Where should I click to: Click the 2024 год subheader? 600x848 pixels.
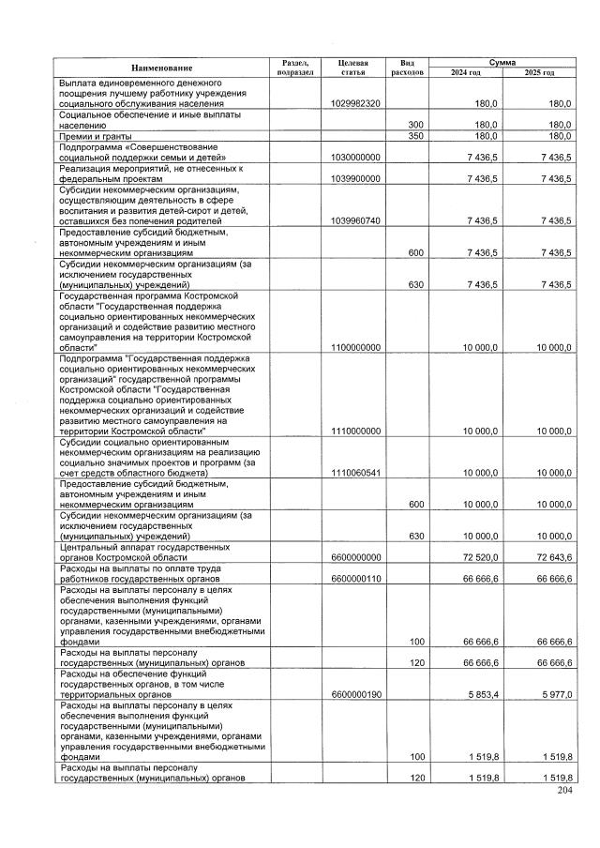(465, 72)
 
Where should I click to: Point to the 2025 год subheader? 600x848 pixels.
(539, 72)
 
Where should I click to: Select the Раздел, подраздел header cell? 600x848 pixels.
(295, 67)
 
